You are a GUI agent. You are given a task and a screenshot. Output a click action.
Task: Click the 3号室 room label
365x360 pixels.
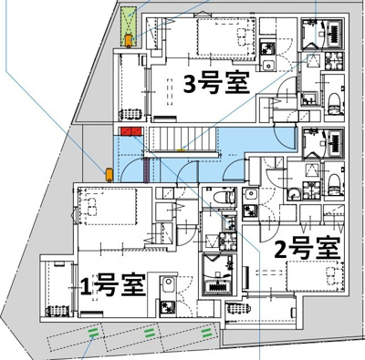(x=217, y=84)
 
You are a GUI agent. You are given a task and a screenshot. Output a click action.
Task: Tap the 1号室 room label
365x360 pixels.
(x=113, y=284)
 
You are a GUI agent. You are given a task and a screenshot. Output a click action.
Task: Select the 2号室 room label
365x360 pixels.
(x=308, y=247)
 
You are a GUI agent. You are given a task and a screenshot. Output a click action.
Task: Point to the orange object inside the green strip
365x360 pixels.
(x=130, y=38)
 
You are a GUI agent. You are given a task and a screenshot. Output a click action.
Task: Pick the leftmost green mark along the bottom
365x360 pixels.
(x=93, y=334)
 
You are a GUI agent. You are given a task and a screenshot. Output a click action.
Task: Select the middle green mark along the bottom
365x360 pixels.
(x=148, y=334)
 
